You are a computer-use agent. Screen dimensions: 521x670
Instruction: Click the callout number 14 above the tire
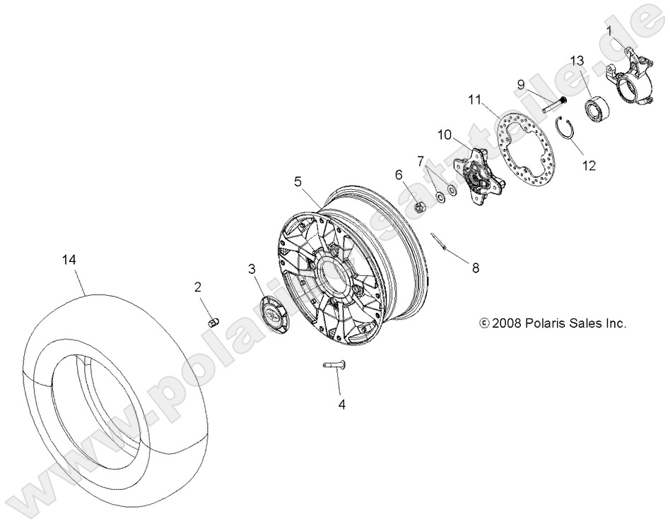pos(69,260)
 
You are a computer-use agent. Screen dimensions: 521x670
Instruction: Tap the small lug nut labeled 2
pos(211,321)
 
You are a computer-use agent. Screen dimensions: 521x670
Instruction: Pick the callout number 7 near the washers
pos(420,161)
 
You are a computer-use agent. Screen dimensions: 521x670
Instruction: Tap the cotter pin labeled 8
pos(442,244)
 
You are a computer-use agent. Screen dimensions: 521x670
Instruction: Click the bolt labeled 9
pos(552,105)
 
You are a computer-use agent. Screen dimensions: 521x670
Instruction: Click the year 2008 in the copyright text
pos(507,324)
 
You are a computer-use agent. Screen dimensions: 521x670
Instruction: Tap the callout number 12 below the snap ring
pos(589,167)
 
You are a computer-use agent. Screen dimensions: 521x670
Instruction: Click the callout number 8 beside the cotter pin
pos(475,268)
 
